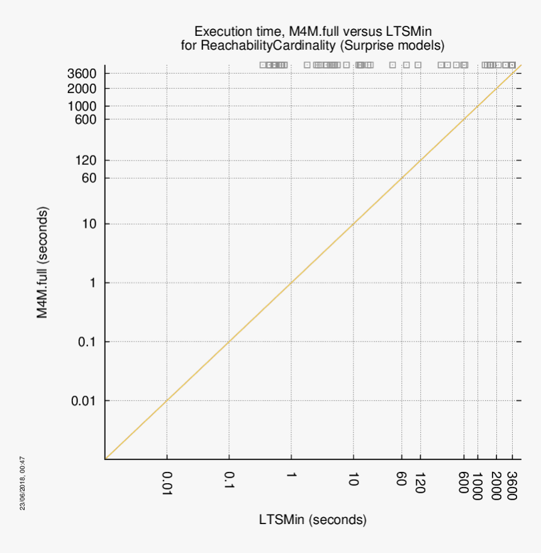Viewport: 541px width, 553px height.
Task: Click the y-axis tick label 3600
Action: (x=82, y=74)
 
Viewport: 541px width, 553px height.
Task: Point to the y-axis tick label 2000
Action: (x=82, y=89)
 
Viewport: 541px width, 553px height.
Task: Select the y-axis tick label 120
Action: (x=86, y=160)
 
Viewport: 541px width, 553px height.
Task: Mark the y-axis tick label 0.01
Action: (x=83, y=401)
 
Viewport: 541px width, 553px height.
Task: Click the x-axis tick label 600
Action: (x=464, y=483)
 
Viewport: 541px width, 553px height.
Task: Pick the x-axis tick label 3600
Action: (x=512, y=485)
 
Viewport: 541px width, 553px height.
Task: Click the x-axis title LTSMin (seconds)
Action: (x=313, y=520)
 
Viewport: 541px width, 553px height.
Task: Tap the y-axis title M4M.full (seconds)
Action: (x=42, y=262)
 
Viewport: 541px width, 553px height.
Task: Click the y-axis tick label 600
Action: (x=86, y=120)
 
